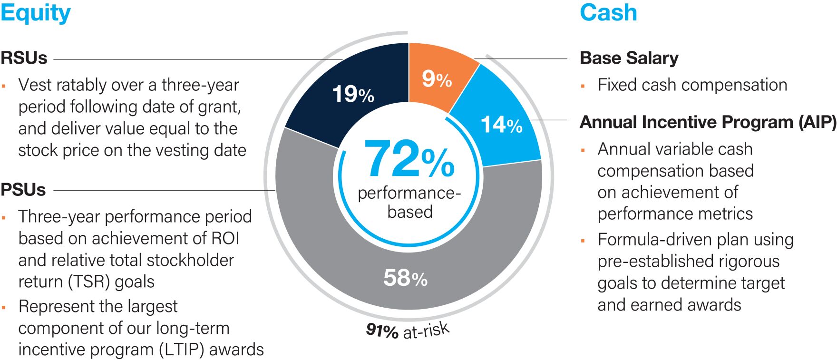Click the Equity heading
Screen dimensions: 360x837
[35, 13]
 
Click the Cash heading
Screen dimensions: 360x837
[608, 12]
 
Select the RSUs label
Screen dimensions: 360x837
[24, 58]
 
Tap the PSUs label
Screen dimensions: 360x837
[23, 190]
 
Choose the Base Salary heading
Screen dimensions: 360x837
[629, 58]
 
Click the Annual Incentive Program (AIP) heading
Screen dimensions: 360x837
[708, 122]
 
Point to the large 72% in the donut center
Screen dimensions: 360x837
[409, 160]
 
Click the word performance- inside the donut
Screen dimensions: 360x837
[409, 193]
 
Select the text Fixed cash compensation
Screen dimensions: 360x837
[692, 85]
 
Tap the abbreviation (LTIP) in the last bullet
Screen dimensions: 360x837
[180, 350]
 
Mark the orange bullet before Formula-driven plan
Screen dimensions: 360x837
[583, 240]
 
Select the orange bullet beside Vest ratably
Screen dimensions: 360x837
[4, 86]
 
